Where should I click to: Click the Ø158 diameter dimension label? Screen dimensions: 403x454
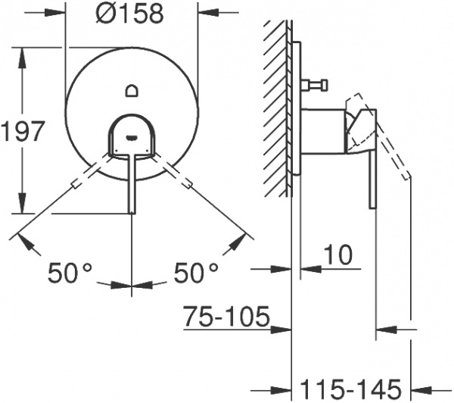(132, 14)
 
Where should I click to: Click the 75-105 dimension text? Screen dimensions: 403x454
(226, 316)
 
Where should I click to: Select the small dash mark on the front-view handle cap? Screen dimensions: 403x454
(132, 136)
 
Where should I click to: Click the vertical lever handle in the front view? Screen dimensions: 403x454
(132, 182)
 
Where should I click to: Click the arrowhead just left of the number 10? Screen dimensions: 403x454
(306, 269)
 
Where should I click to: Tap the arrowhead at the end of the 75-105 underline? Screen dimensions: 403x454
(285, 330)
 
